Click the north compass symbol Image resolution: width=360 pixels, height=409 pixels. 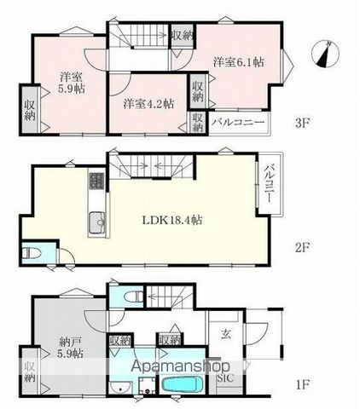pyautogui.click(x=325, y=55)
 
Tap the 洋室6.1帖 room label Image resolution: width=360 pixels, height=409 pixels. pyautogui.click(x=239, y=62)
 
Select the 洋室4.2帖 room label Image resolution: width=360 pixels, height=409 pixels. pyautogui.click(x=148, y=104)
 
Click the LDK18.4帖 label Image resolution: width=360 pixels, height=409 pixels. pyautogui.click(x=172, y=220)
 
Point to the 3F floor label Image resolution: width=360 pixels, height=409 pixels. pyautogui.click(x=302, y=124)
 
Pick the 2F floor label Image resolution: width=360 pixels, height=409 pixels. pyautogui.click(x=302, y=248)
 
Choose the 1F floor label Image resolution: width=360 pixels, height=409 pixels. pyautogui.click(x=303, y=385)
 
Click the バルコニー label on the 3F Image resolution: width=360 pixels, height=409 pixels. pyautogui.click(x=238, y=123)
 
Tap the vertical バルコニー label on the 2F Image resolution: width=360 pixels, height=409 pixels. pyautogui.click(x=268, y=183)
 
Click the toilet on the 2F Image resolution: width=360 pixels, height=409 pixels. pyautogui.click(x=28, y=253)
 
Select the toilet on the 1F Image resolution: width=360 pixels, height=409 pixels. pyautogui.click(x=135, y=297)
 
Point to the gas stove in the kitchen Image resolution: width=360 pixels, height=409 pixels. pyautogui.click(x=96, y=181)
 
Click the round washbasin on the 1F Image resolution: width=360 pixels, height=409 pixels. pyautogui.click(x=120, y=388)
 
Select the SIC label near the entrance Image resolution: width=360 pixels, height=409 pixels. pyautogui.click(x=225, y=378)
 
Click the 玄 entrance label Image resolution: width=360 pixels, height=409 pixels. pyautogui.click(x=225, y=335)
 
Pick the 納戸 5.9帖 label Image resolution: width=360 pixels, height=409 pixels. pyautogui.click(x=71, y=346)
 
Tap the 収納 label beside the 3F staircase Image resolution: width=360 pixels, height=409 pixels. pyautogui.click(x=182, y=36)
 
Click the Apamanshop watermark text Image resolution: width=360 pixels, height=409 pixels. pyautogui.click(x=180, y=366)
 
